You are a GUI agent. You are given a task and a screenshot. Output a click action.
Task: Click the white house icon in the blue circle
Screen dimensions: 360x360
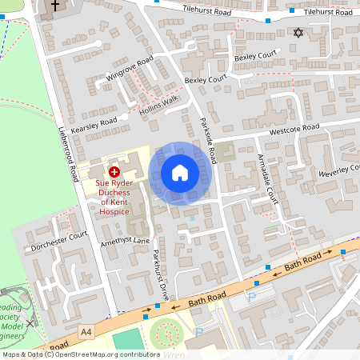click(x=180, y=173)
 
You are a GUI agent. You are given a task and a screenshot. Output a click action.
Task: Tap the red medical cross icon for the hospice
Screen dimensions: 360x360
click(x=114, y=170)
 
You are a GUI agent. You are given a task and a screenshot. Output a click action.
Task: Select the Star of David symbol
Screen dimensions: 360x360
click(x=299, y=34)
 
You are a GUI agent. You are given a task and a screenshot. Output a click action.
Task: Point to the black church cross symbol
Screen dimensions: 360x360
click(x=55, y=6)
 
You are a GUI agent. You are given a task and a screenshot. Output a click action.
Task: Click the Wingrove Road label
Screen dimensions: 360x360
click(x=129, y=70)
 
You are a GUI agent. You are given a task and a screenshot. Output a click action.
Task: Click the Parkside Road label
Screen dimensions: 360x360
click(x=207, y=139)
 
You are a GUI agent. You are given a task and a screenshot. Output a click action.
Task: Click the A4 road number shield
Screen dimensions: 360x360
click(x=86, y=330)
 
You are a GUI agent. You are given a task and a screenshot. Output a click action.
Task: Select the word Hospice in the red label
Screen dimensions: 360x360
click(x=114, y=211)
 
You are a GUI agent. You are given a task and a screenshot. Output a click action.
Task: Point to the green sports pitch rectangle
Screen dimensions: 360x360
click(x=126, y=340)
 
